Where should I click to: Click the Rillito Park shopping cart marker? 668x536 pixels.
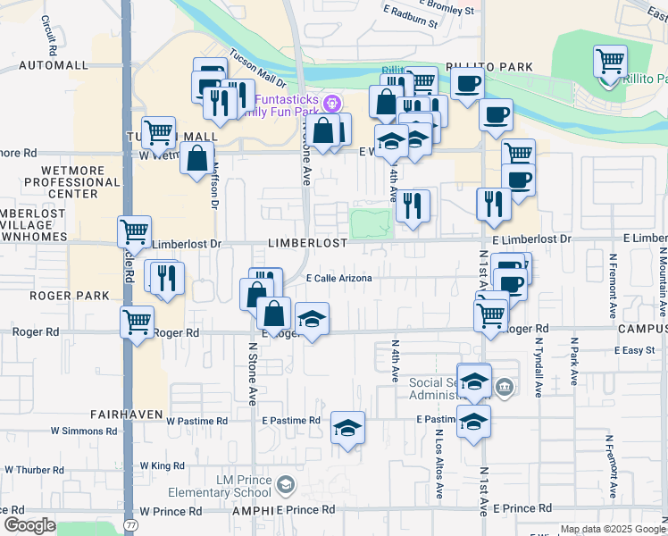(610, 62)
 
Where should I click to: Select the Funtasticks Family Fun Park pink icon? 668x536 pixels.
(332, 101)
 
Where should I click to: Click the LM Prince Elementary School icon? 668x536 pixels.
(285, 485)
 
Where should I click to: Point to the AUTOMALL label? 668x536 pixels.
(54, 65)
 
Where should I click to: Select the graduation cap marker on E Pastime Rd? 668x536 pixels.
(347, 429)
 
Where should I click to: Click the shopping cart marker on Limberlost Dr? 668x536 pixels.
(135, 231)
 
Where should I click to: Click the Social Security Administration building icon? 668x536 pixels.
(505, 386)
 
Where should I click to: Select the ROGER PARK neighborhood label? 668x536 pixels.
(55, 295)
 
